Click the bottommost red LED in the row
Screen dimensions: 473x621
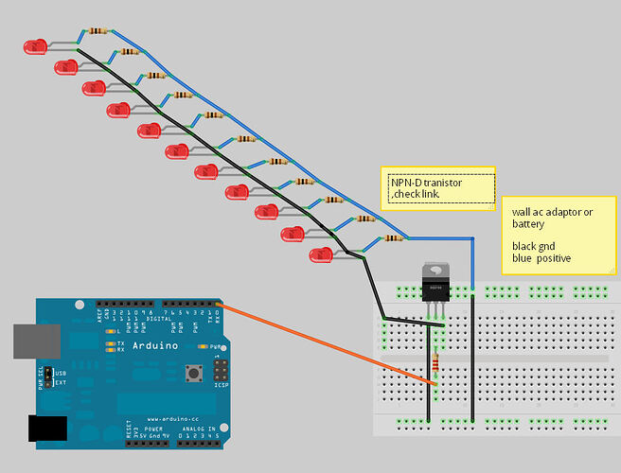pyautogui.click(x=322, y=254)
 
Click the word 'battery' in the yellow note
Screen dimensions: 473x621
pyautogui.click(x=527, y=224)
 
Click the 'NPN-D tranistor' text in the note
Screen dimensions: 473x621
pyautogui.click(x=427, y=183)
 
